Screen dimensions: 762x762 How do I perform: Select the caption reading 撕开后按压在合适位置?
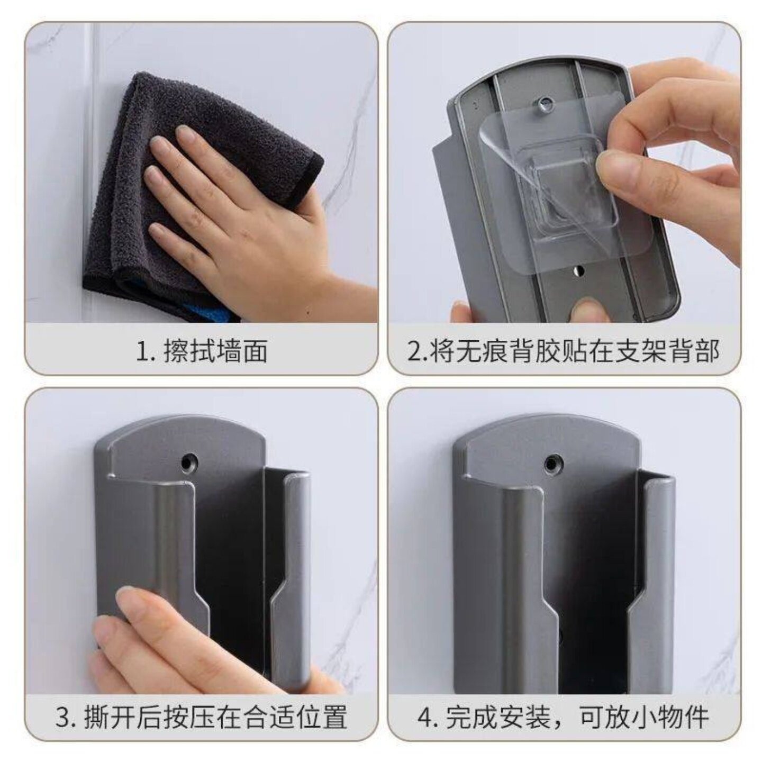point(215,718)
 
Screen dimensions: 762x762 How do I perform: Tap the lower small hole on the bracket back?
point(578,271)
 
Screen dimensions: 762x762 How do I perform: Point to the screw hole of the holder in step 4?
point(554,464)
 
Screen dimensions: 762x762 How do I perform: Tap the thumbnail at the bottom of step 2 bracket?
point(587,310)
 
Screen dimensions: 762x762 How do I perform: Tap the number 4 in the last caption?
point(425,719)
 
